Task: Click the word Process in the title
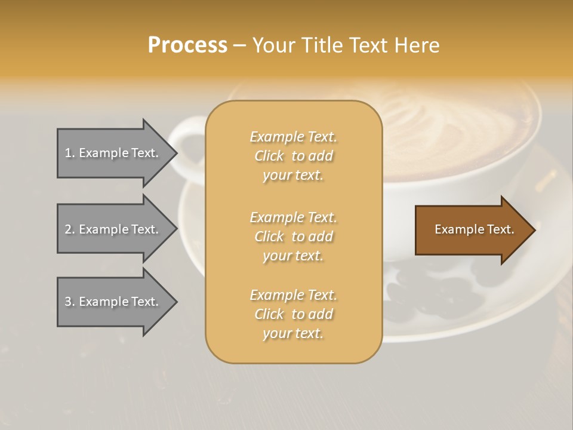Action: (x=187, y=45)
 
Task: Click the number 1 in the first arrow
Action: (x=68, y=153)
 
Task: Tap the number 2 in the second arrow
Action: (x=68, y=229)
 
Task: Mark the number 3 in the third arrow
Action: (x=68, y=302)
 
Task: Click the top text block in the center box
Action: (x=293, y=156)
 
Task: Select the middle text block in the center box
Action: (x=293, y=236)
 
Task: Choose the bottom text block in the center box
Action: (x=293, y=314)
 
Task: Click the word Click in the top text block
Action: (x=269, y=156)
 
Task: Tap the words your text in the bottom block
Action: (x=293, y=334)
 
